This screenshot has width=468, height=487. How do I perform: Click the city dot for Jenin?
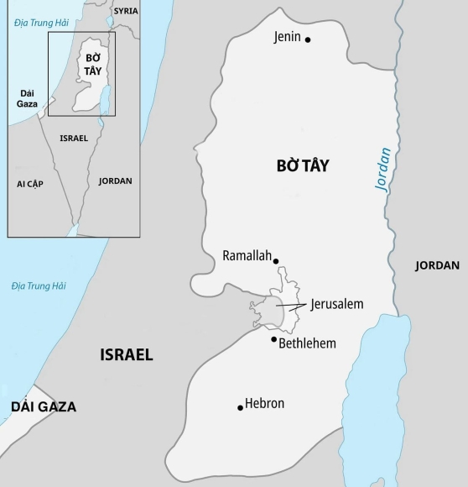308,39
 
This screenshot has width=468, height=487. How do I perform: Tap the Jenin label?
287,37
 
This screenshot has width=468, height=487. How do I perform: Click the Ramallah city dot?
276,261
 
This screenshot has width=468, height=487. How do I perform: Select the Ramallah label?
247,256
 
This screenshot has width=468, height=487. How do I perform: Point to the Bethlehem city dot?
273,338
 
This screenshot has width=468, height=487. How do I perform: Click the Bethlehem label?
307,343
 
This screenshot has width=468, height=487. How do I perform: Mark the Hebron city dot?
241,408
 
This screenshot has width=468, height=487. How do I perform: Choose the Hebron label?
265,404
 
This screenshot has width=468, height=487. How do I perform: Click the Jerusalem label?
336,304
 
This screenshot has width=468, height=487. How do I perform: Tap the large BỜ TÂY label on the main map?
303,166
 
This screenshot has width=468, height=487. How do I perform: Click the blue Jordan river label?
384,170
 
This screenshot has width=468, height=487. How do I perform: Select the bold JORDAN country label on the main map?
437,265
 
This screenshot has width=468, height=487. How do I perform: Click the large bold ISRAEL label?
127,354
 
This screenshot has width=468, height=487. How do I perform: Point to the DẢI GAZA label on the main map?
44,407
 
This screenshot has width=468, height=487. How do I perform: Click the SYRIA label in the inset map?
126,11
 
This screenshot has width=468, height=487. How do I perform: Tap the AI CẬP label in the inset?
29,183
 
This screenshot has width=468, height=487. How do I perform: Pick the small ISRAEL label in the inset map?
74,138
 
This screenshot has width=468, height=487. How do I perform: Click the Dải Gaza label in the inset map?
28,99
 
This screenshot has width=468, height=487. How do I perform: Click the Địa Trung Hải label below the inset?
39,286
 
